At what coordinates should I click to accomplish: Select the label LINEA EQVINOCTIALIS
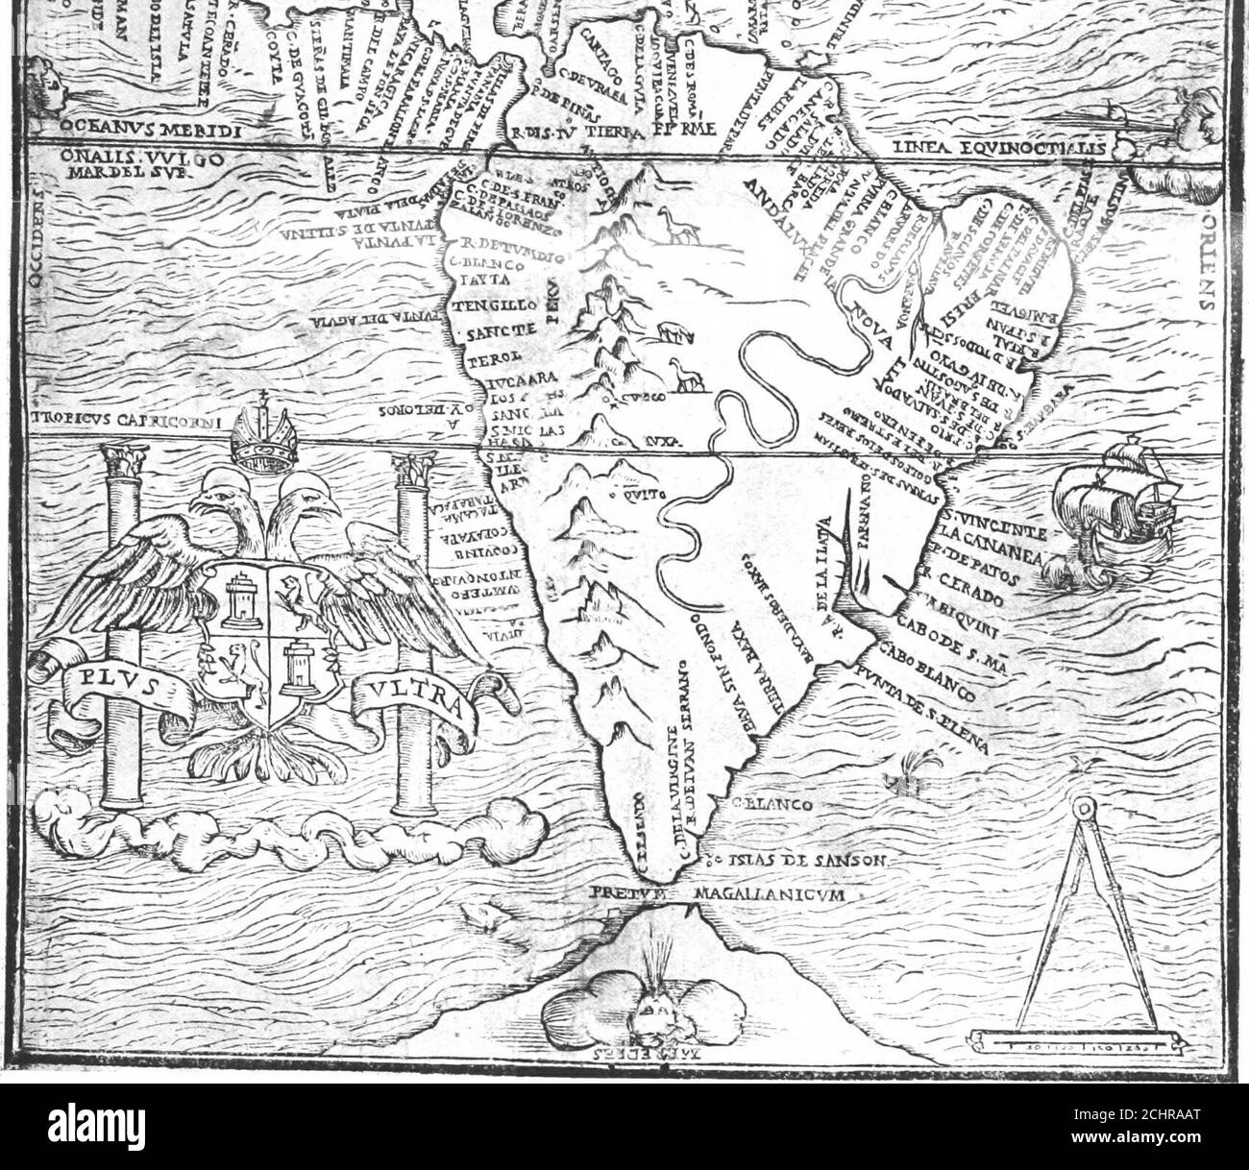click(x=1005, y=148)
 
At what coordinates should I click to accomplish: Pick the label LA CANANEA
click(x=997, y=545)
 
